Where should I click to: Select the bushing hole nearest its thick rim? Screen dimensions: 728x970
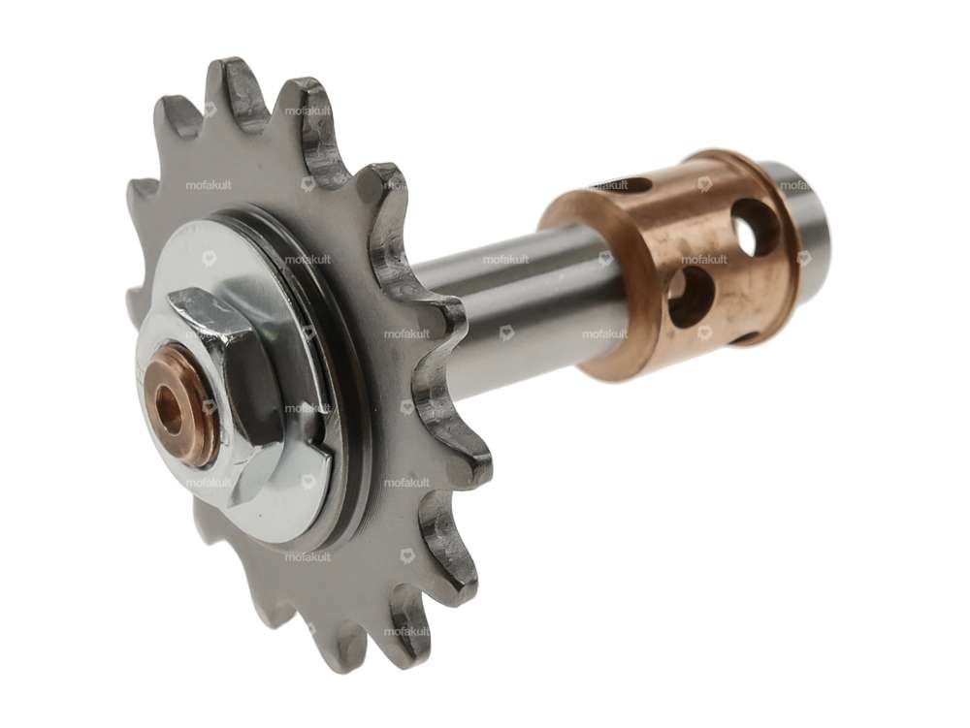click(691, 296)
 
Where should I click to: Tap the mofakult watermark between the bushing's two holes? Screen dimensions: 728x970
click(704, 259)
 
